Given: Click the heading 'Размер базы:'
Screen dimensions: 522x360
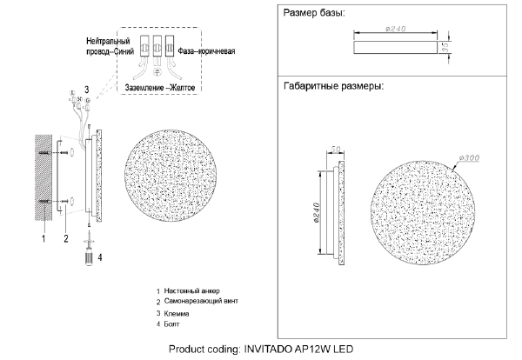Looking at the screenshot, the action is pyautogui.click(x=313, y=13).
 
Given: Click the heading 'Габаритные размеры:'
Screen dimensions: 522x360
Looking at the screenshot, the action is pyautogui.click(x=333, y=86).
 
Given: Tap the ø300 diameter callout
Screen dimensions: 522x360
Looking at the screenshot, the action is pyautogui.click(x=469, y=158).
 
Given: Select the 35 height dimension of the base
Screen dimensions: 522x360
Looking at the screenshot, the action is pyautogui.click(x=447, y=47).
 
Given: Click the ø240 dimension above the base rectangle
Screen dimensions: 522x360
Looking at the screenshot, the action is pyautogui.click(x=396, y=29).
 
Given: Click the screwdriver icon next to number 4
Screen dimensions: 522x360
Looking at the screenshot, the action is pyautogui.click(x=89, y=252).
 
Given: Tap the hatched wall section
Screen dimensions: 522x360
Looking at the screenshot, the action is pyautogui.click(x=43, y=177).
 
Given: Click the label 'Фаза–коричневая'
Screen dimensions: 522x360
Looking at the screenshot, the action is pyautogui.click(x=206, y=51).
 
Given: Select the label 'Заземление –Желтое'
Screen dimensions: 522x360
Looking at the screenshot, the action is pyautogui.click(x=160, y=88).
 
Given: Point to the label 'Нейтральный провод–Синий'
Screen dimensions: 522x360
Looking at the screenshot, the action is pyautogui.click(x=110, y=46).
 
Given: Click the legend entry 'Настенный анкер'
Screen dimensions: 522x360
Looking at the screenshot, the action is pyautogui.click(x=191, y=290).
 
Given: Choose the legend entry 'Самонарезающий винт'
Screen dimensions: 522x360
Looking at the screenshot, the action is pyautogui.click(x=201, y=301).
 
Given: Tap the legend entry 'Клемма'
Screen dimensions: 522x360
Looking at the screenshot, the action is pyautogui.click(x=177, y=313).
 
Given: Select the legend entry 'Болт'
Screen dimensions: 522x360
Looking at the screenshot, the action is pyautogui.click(x=171, y=323).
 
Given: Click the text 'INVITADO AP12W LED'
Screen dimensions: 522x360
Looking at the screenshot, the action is pyautogui.click(x=298, y=349).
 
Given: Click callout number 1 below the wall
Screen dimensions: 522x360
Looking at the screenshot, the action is pyautogui.click(x=43, y=238).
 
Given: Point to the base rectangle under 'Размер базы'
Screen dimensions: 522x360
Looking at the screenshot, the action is pyautogui.click(x=395, y=47).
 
